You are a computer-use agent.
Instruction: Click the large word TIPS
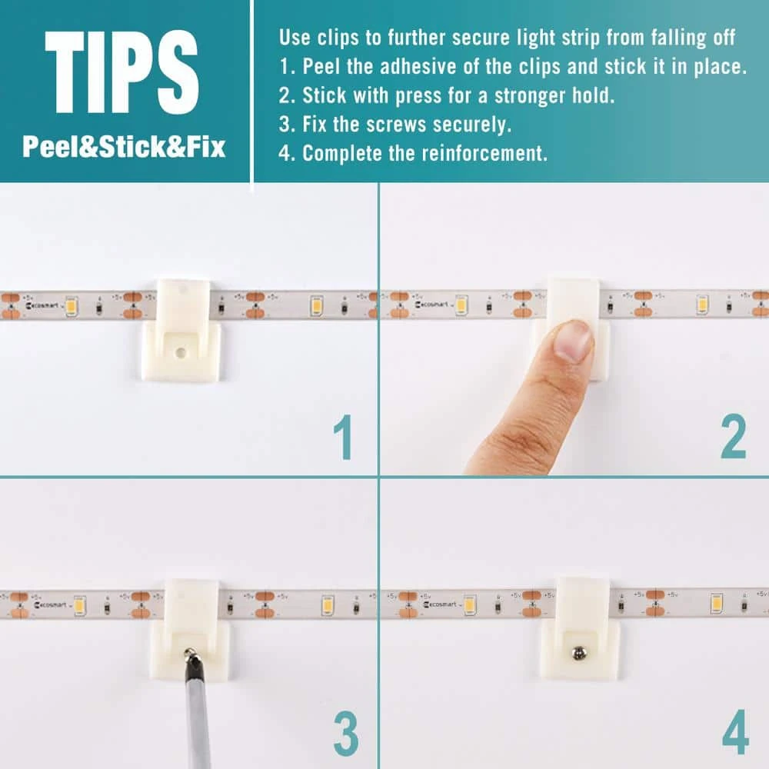tap(122, 72)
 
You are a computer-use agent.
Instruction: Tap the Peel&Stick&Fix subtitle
tap(124, 147)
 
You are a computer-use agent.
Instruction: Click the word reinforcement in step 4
tap(484, 153)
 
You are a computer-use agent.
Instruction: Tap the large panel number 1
tap(343, 437)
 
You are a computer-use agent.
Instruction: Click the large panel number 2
tap(733, 436)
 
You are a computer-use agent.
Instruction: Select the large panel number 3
tap(346, 734)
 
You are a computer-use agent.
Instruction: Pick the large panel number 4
tap(735, 732)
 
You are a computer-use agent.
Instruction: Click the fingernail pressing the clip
tap(573, 340)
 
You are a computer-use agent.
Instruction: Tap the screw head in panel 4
tap(579, 653)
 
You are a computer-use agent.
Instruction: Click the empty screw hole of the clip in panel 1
tap(181, 352)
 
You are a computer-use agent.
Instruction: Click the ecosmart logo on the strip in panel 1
tap(42, 305)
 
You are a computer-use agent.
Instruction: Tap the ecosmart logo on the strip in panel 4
tap(440, 604)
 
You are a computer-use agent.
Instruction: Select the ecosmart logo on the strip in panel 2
tap(431, 305)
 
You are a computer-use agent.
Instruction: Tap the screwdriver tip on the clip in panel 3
tap(189, 652)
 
